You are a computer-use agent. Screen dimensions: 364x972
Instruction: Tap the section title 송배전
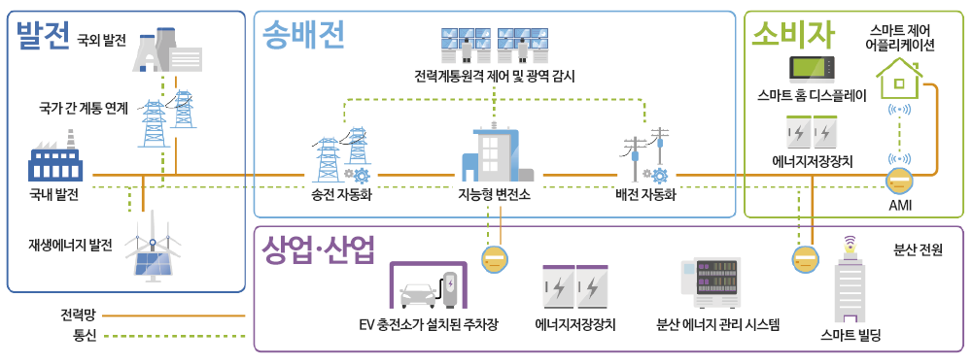pyautogui.click(x=304, y=37)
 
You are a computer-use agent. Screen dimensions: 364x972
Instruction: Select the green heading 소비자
pyautogui.click(x=793, y=35)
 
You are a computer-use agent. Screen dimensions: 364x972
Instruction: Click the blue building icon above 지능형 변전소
pyautogui.click(x=493, y=156)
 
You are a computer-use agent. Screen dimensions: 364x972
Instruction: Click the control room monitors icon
pyautogui.click(x=493, y=44)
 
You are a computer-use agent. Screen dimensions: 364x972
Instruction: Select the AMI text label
pyautogui.click(x=900, y=205)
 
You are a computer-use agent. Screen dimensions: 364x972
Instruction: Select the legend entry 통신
pyautogui.click(x=85, y=336)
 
